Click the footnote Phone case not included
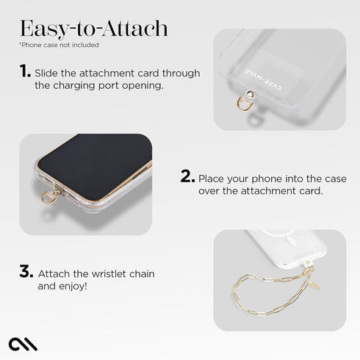tap(59, 45)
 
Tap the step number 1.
tap(25, 71)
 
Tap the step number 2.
tap(187, 176)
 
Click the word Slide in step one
tap(49, 73)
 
